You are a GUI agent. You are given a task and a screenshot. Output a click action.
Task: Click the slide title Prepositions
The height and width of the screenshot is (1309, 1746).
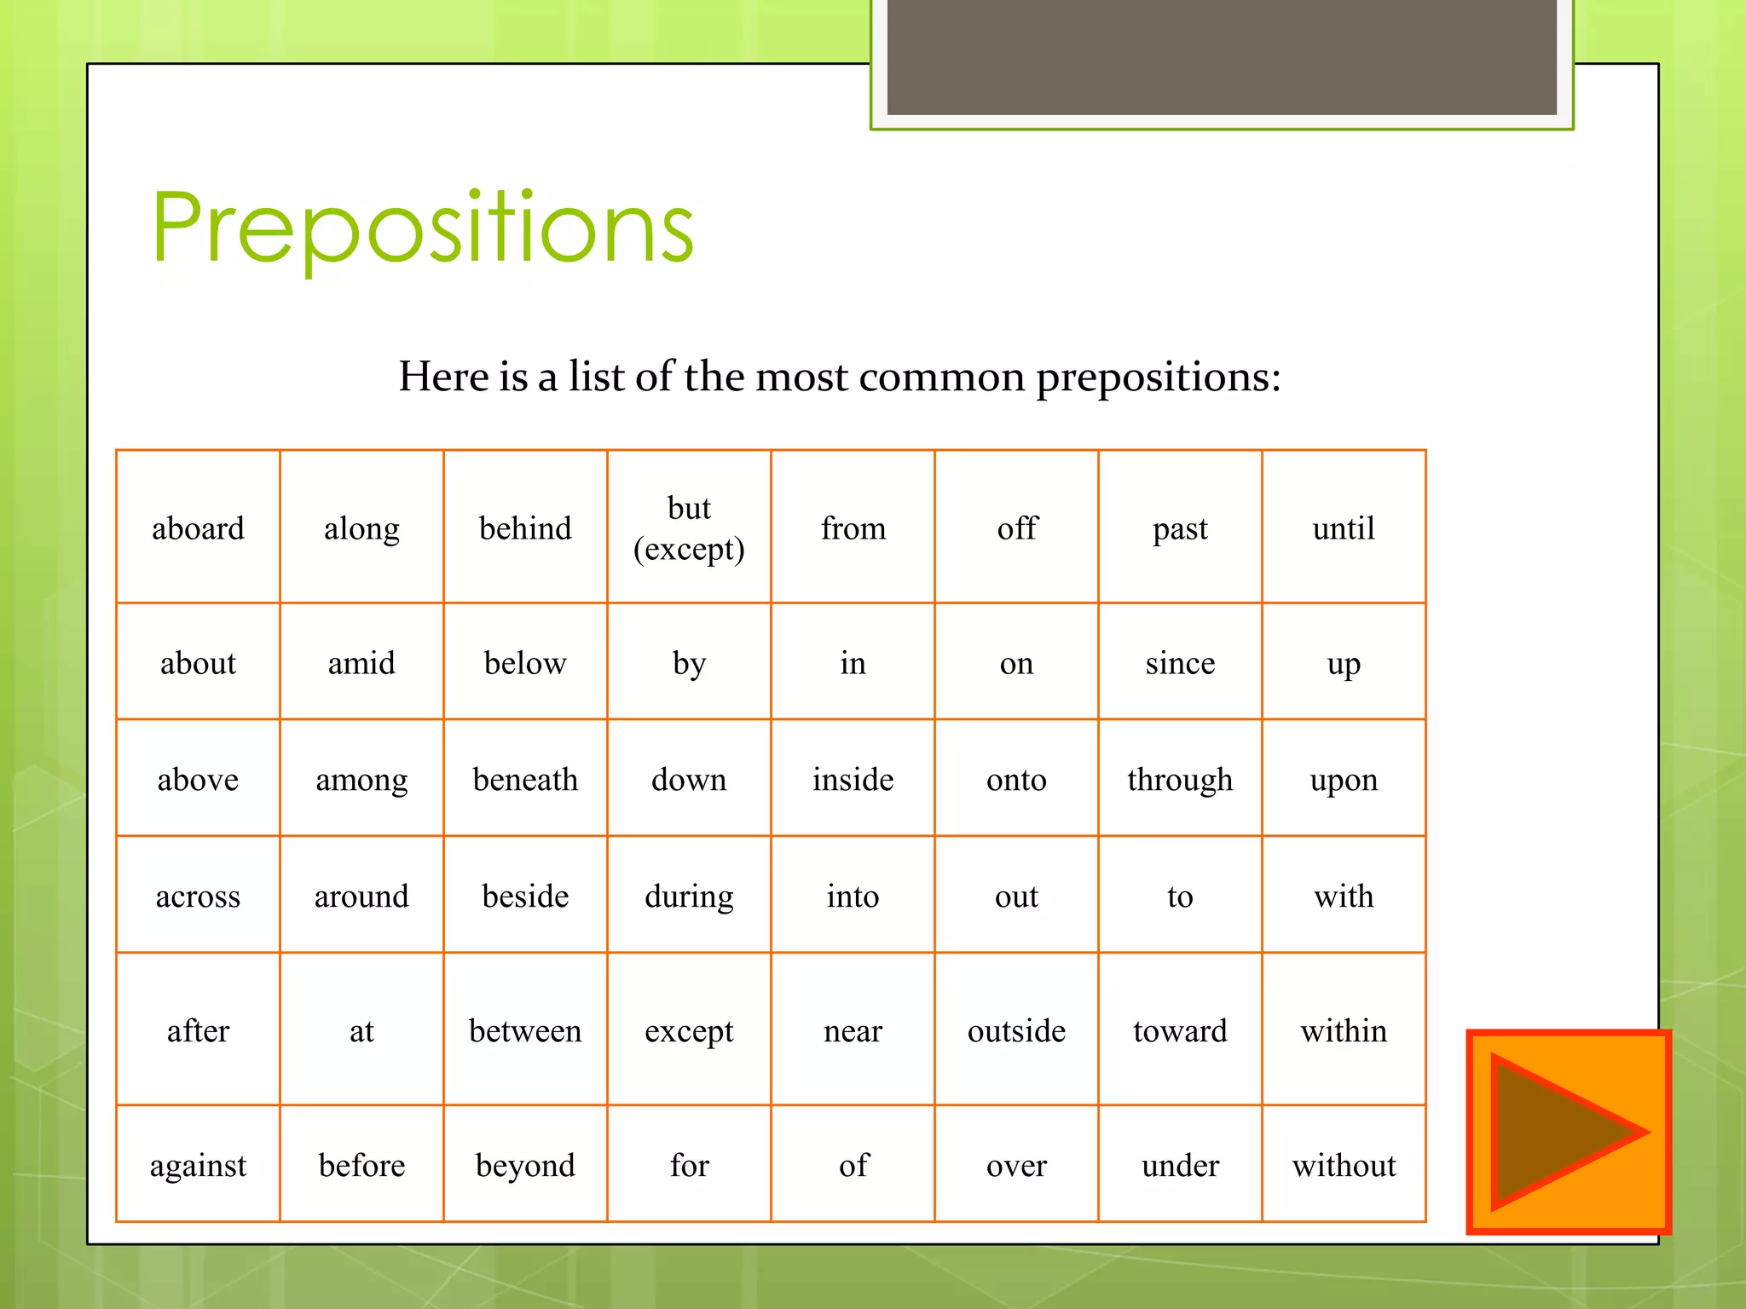423,228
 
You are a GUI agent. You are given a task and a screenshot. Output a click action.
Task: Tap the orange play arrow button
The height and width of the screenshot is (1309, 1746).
1567,1132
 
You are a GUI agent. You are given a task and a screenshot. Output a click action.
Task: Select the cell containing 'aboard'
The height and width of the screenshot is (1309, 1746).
198,528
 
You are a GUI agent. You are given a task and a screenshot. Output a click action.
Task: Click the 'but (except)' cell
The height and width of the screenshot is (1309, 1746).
689,528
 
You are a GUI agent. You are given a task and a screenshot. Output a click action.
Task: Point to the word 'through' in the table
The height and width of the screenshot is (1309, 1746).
1180,779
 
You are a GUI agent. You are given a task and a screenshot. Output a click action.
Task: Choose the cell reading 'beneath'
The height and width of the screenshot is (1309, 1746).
525,779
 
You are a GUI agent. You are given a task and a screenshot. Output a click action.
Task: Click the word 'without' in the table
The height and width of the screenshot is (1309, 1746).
1344,1165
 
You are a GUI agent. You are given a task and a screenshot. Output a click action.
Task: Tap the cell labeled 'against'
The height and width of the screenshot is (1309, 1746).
198,1165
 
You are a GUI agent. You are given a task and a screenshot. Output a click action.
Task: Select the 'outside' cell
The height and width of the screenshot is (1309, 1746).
1016,1031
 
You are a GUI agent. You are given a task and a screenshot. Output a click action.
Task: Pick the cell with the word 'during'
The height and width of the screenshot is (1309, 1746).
689,897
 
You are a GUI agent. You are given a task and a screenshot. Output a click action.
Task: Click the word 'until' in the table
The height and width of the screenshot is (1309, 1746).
1344,528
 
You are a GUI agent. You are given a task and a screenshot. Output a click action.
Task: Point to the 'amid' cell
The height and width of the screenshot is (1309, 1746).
361,663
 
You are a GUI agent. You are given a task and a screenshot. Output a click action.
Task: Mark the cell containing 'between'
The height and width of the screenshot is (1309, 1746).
525,1031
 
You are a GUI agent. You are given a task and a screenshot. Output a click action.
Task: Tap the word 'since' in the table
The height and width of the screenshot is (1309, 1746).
1180,663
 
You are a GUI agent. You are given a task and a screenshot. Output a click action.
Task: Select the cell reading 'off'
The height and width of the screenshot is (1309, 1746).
1016,528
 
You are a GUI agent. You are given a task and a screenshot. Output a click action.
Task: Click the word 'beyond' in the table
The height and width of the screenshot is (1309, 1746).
525,1165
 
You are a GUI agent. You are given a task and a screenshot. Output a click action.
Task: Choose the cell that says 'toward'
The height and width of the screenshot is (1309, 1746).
1180,1031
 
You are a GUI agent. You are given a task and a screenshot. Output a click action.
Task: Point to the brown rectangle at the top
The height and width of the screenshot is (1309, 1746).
1222,56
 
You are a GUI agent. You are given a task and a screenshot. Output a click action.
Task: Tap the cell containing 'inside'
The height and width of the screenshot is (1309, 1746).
853,779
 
